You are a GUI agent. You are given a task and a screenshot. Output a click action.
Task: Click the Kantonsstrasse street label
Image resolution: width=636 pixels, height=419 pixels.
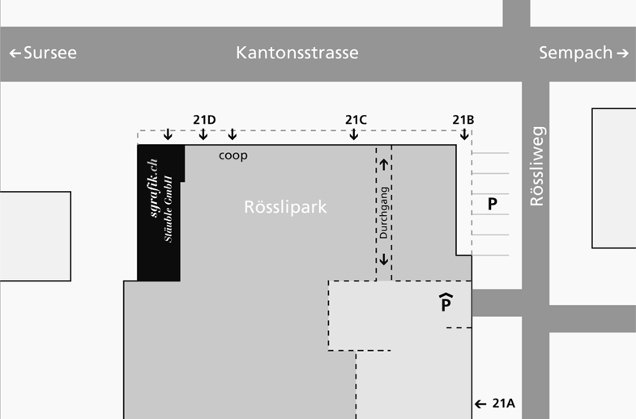click(x=297, y=53)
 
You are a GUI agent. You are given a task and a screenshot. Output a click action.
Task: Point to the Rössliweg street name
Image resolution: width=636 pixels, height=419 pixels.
click(x=536, y=166)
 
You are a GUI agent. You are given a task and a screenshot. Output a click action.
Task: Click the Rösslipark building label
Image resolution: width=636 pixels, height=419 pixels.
click(x=285, y=207)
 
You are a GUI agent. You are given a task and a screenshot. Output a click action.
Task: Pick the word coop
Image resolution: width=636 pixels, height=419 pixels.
click(x=233, y=154)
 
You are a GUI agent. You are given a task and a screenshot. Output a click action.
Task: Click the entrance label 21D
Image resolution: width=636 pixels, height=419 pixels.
click(x=204, y=121)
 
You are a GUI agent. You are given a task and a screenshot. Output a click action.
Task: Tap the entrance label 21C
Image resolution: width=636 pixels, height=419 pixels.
click(x=356, y=121)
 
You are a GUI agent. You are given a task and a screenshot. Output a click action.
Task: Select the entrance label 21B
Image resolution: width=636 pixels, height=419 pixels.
click(x=463, y=121)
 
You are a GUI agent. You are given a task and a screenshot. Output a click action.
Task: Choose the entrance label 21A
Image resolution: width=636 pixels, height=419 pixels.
click(x=504, y=404)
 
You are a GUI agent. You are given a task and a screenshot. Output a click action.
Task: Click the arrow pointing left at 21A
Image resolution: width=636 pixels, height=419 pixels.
click(x=480, y=404)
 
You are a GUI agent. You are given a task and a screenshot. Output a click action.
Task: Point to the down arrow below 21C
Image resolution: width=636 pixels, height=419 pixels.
click(x=354, y=134)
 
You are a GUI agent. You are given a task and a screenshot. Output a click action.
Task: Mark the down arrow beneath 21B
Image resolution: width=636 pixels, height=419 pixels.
click(x=463, y=134)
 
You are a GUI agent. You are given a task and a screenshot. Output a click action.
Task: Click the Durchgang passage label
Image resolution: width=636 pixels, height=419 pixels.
click(x=384, y=213)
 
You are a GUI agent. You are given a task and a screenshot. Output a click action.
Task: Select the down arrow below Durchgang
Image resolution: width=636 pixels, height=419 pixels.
click(x=384, y=260)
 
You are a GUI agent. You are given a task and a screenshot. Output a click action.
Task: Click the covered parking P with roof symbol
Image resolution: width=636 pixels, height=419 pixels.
click(x=446, y=303)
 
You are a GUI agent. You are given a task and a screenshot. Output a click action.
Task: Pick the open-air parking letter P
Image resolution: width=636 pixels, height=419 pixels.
click(x=492, y=205)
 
